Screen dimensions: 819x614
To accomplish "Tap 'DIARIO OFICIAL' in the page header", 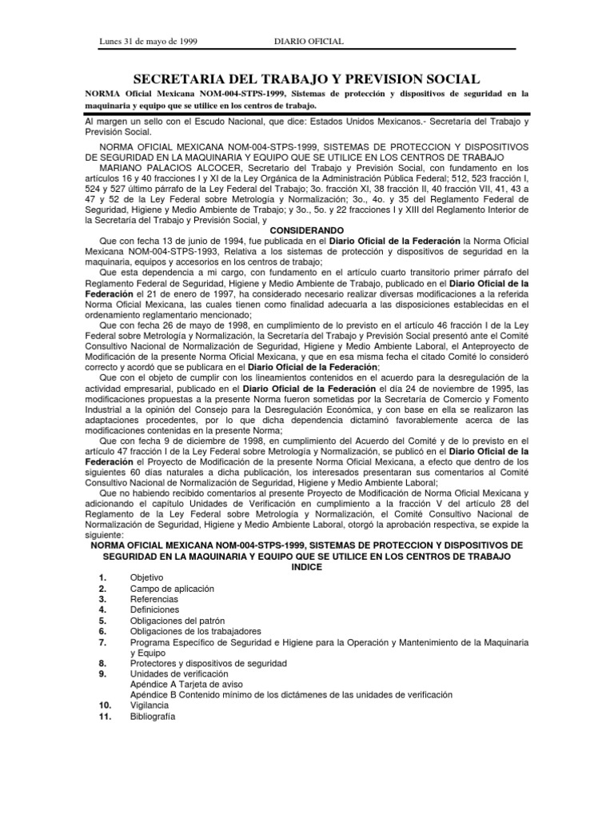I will [309, 41].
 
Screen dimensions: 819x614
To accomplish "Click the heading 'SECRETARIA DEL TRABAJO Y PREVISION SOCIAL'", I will [308, 78].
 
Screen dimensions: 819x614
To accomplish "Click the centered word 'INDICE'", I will [307, 565].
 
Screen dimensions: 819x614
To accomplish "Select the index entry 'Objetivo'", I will [146, 577].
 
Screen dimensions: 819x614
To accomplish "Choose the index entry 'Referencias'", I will [153, 599].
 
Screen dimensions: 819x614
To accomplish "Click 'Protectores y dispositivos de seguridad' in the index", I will [206, 663].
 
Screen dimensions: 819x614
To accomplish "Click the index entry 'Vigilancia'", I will [150, 706].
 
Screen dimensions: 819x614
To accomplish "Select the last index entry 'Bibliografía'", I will [152, 717].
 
